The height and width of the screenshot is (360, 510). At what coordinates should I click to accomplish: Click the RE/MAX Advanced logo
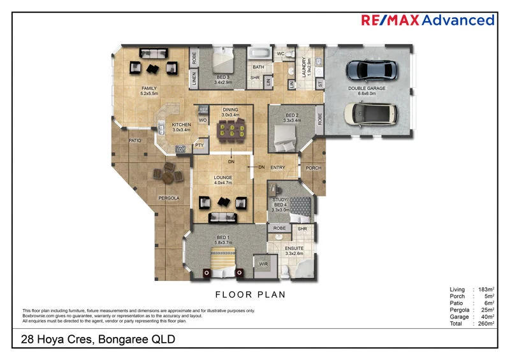[x=427, y=20]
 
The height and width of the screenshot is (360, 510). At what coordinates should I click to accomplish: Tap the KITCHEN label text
[x=182, y=124]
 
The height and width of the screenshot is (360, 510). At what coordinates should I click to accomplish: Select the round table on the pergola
[x=167, y=172]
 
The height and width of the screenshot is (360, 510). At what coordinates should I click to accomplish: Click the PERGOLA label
[x=170, y=198]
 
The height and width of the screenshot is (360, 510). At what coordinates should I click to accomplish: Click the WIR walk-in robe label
[x=263, y=263]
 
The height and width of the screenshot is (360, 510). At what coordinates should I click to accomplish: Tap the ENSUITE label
[x=294, y=248]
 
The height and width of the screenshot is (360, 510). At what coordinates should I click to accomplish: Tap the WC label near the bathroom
[x=280, y=54]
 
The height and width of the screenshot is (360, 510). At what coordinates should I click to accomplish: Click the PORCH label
[x=313, y=168]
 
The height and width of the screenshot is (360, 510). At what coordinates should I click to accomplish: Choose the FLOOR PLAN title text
[x=251, y=294]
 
